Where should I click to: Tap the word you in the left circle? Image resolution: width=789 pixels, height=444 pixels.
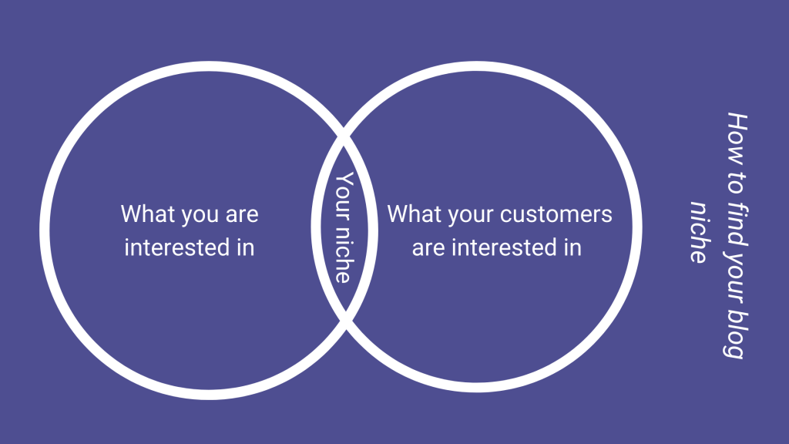pyautogui.click(x=198, y=214)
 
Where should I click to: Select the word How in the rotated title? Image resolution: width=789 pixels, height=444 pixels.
pyautogui.click(x=737, y=131)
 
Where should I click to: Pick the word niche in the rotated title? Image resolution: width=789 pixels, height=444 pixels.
pyautogui.click(x=699, y=231)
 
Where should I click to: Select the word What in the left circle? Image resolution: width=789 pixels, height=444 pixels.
pyautogui.click(x=148, y=214)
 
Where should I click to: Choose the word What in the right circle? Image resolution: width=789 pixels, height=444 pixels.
pyautogui.click(x=413, y=214)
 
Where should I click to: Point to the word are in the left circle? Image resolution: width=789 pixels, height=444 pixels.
pyautogui.click(x=240, y=214)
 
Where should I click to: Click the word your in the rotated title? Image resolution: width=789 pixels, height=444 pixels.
pyautogui.click(x=737, y=269)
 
